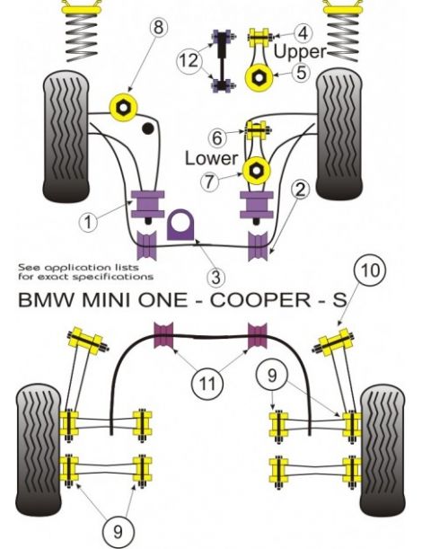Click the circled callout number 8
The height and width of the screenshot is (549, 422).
click(159, 27)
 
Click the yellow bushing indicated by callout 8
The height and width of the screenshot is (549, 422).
click(122, 105)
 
